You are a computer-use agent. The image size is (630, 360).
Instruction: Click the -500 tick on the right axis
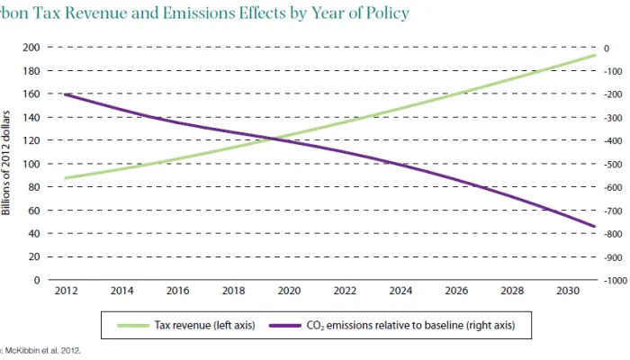tap(614, 164)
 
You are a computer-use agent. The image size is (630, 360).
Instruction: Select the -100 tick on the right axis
tap(614, 71)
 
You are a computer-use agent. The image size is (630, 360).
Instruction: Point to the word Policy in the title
tap(385, 13)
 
